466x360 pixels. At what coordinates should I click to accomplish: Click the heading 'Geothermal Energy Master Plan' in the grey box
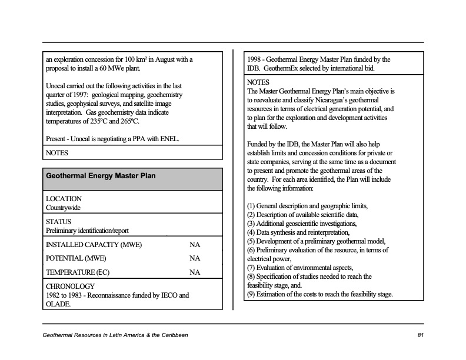101,176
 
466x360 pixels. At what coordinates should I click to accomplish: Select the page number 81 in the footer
420,335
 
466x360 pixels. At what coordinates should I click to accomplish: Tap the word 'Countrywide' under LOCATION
64,208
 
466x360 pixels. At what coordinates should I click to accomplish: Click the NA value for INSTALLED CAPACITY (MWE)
195,245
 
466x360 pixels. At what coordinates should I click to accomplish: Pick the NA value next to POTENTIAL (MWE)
195,258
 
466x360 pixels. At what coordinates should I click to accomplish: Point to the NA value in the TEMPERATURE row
195,272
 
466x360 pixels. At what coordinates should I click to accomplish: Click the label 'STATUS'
58,222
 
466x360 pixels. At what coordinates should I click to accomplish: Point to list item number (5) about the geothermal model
317,241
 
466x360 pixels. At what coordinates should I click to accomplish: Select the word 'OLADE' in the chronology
58,304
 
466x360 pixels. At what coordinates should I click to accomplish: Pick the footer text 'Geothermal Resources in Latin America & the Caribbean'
115,335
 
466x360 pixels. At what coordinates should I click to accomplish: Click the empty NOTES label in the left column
57,153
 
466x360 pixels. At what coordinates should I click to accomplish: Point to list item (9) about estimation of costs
320,294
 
